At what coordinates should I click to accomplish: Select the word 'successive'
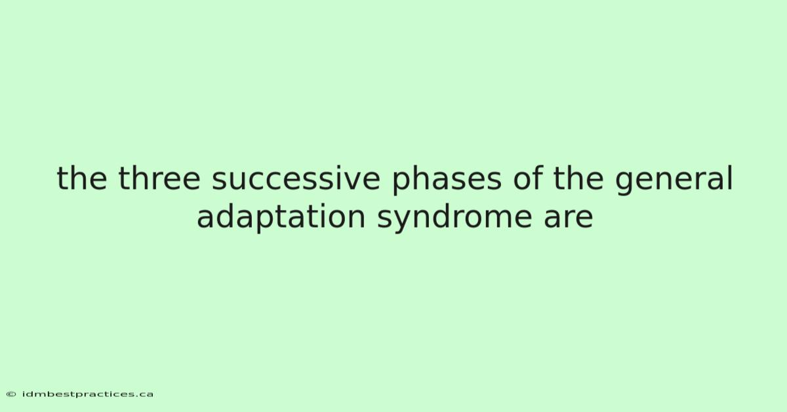[x=296, y=179]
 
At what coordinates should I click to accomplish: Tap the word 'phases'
[x=447, y=180]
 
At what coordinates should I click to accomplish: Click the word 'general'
[x=674, y=180]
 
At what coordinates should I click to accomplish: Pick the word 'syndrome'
[x=454, y=218]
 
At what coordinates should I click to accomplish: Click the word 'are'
[x=568, y=218]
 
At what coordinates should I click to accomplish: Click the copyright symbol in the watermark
[x=11, y=394]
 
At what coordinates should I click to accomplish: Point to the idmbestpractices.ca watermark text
[x=87, y=394]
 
